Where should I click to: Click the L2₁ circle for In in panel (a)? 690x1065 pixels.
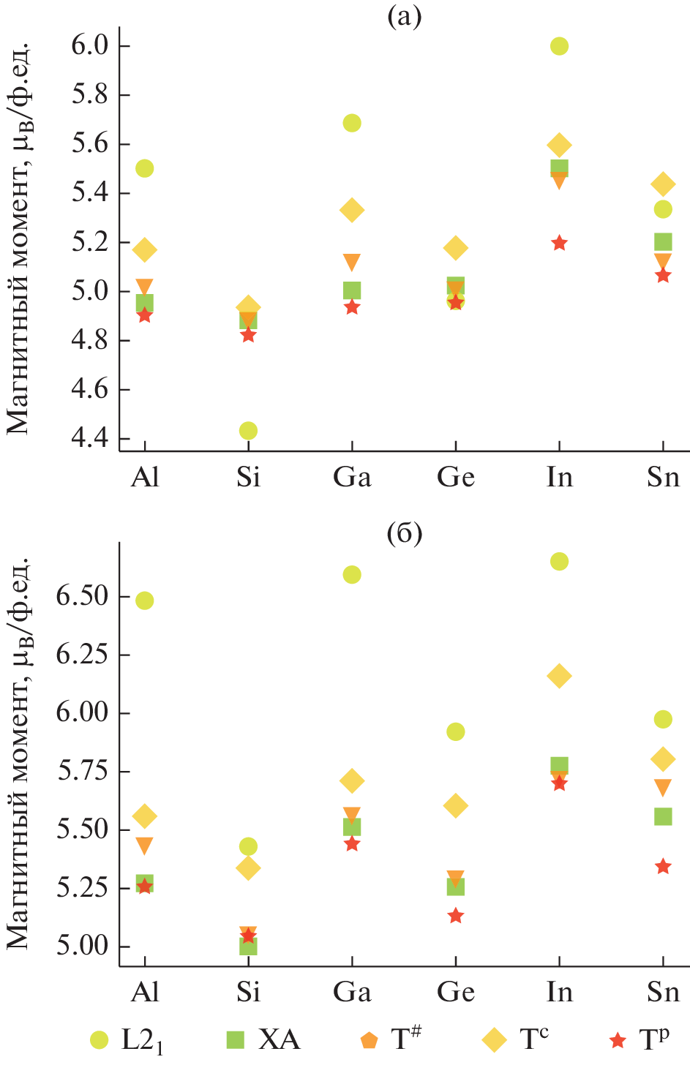point(559,46)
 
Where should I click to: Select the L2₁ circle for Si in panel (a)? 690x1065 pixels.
point(248,431)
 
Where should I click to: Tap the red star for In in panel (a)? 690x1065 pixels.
point(559,243)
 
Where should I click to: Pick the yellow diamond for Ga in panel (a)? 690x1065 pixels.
point(352,211)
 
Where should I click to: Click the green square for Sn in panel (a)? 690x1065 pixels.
point(663,242)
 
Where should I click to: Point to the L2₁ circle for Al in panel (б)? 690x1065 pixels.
point(145,601)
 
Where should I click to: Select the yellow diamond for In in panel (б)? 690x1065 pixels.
point(559,676)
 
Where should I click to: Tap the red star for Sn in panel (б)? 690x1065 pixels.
point(663,867)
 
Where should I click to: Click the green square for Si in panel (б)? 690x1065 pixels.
point(248,947)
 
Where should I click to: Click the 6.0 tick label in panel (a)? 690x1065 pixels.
point(90,46)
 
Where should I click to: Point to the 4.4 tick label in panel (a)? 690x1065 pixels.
point(90,439)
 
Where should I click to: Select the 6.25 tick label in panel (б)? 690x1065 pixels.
point(83,655)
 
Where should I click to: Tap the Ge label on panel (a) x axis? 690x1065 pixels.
point(456,477)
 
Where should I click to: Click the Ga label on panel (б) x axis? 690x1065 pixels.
point(352,992)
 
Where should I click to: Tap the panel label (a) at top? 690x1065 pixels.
point(404,17)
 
